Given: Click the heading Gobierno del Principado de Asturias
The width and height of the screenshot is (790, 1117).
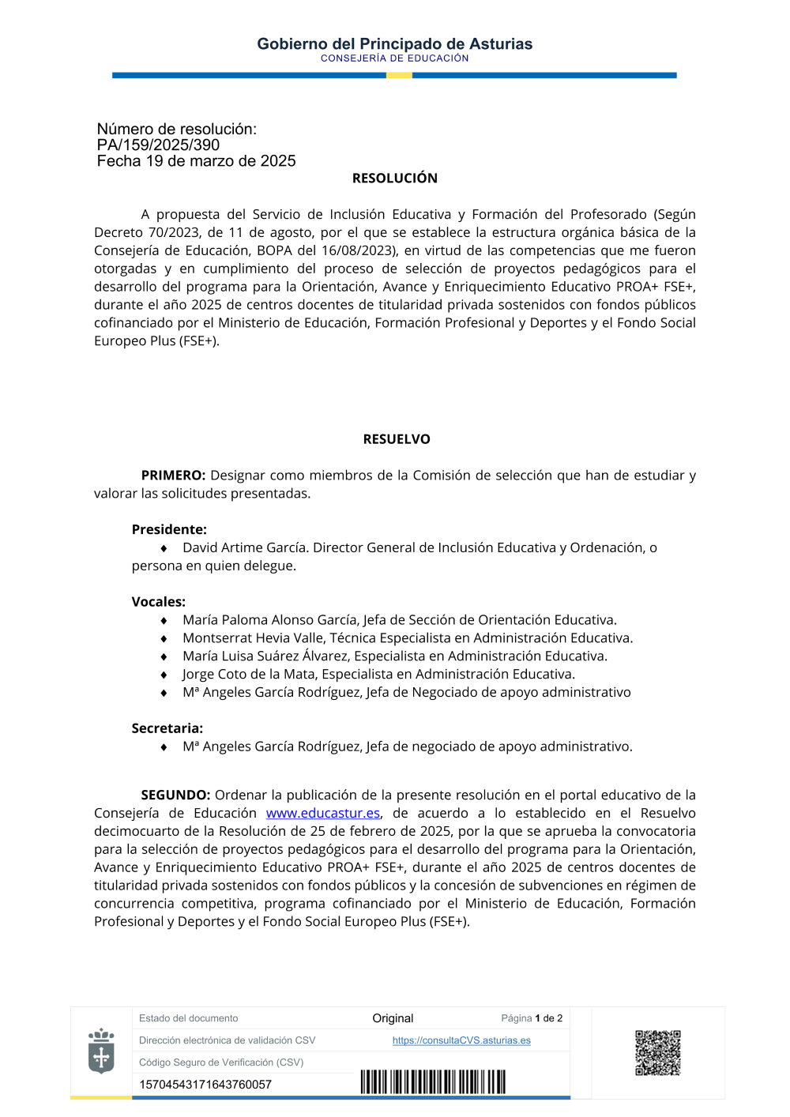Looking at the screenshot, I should [394, 44].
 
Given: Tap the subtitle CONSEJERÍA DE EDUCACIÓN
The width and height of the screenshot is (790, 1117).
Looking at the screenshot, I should [394, 58].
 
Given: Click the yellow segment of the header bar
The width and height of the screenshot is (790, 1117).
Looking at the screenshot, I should [399, 75].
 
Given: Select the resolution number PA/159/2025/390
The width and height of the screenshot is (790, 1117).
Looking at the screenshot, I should [158, 145].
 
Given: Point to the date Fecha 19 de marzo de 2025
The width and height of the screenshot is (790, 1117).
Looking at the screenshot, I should [196, 161].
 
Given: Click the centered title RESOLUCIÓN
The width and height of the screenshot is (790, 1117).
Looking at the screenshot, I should [394, 179].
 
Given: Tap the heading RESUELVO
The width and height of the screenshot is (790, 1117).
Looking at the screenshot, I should [397, 439].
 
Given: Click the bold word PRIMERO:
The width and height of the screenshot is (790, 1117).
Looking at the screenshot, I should [173, 476].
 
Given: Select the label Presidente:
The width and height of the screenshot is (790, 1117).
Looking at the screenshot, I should [169, 529].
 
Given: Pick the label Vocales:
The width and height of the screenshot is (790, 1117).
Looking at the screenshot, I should [158, 602].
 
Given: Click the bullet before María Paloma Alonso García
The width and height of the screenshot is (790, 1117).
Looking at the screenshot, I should [164, 621].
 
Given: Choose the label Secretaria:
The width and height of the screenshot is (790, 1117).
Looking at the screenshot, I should [167, 728].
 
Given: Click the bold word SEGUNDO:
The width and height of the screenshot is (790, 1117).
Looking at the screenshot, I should [175, 795].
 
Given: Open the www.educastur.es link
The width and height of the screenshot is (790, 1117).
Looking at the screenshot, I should [322, 813].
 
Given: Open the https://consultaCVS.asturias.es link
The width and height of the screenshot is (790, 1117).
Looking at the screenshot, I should [461, 1040].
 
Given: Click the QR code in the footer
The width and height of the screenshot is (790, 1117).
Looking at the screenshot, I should [657, 1052].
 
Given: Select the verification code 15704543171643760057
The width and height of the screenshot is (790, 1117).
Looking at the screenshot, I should [205, 1085].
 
